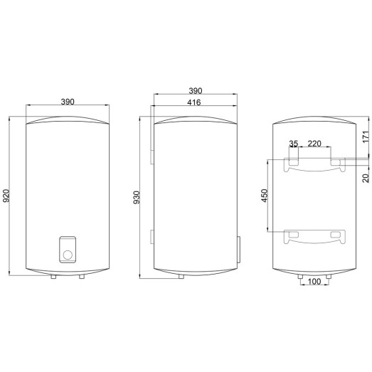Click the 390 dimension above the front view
point(68,102)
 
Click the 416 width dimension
point(193,104)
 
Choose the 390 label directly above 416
point(193,91)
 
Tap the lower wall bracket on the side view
point(151,236)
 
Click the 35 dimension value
point(294,144)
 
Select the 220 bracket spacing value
point(314,144)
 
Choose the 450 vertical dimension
point(265,196)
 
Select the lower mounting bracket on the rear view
point(315,236)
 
